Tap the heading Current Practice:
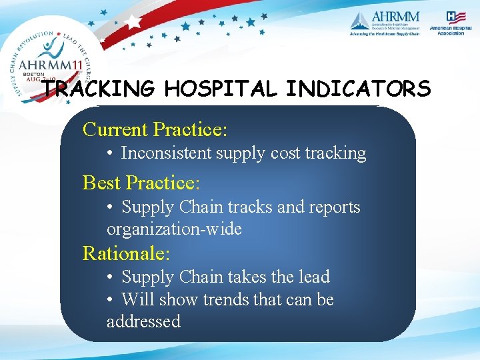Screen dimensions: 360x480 pos(155,129)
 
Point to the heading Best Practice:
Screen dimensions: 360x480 pos(141,182)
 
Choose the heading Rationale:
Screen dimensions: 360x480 pos(127,253)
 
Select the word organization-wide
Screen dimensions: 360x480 pos(174,229)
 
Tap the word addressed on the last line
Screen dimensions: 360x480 pos(143,321)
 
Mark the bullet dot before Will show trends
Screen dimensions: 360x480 pos(111,300)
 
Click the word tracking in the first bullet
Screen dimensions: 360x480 pos(335,153)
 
